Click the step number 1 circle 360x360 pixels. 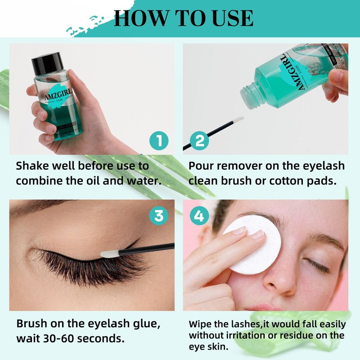click(159, 140)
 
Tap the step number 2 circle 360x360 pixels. click(199, 140)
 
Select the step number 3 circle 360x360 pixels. click(159, 216)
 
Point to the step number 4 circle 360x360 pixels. click(199, 216)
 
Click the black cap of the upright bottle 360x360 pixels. click(47, 63)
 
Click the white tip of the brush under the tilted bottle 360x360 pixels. click(238, 120)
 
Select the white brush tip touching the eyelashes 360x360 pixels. click(110, 254)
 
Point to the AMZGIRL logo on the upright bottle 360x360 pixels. click(58, 94)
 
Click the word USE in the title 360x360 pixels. click(233, 18)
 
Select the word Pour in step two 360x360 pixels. click(201, 166)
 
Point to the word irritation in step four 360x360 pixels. click(246, 335)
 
